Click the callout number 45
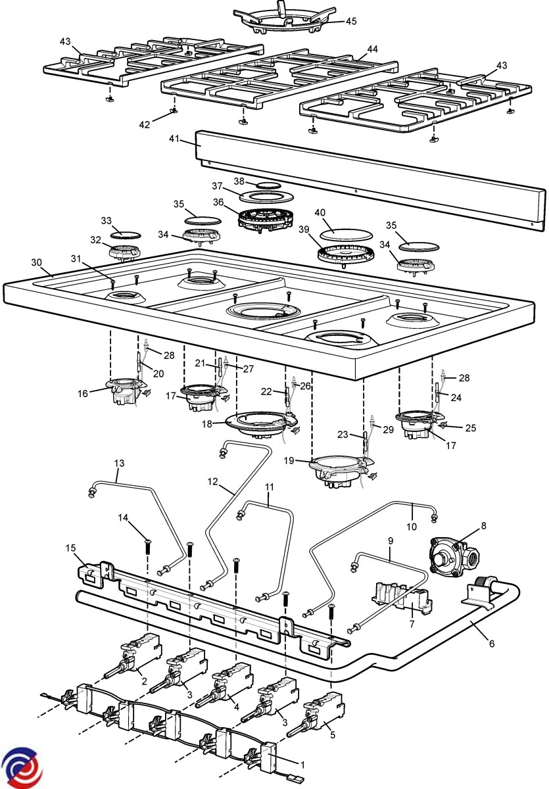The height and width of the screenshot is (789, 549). coord(351,21)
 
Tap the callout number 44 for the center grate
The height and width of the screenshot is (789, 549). coord(372,49)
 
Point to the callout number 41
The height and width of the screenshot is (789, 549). coord(174,139)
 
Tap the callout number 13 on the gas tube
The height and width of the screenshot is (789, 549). coord(118,463)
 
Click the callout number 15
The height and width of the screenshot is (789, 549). coord(71,548)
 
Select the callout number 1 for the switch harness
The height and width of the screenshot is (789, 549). coord(303,765)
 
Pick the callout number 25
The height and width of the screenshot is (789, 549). coord(470,428)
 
